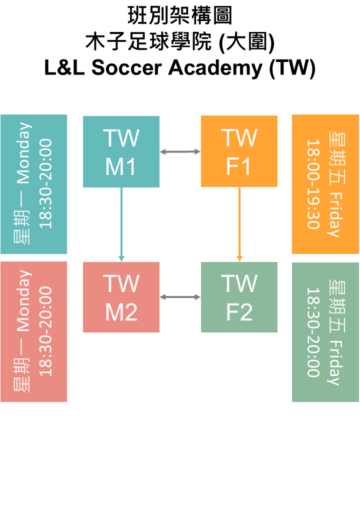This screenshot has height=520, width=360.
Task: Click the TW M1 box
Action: click(121, 151)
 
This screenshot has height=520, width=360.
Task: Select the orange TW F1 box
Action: click(239, 151)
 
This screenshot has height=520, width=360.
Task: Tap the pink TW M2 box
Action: click(121, 297)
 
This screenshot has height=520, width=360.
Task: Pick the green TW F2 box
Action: click(239, 297)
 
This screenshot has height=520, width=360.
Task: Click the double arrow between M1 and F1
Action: click(180, 151)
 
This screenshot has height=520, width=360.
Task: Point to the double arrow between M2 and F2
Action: click(180, 297)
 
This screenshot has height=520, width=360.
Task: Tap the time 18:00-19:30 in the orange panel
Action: click(313, 184)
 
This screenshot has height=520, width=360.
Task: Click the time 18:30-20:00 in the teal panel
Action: click(46, 184)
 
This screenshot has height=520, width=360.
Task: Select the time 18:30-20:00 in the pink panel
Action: click(46, 331)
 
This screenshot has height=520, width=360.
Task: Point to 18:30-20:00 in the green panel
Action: click(313, 332)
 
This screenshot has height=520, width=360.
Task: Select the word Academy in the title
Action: click(215, 68)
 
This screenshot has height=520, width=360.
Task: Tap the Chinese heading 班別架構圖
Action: click(180, 16)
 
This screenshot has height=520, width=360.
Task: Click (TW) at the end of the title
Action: click(292, 68)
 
